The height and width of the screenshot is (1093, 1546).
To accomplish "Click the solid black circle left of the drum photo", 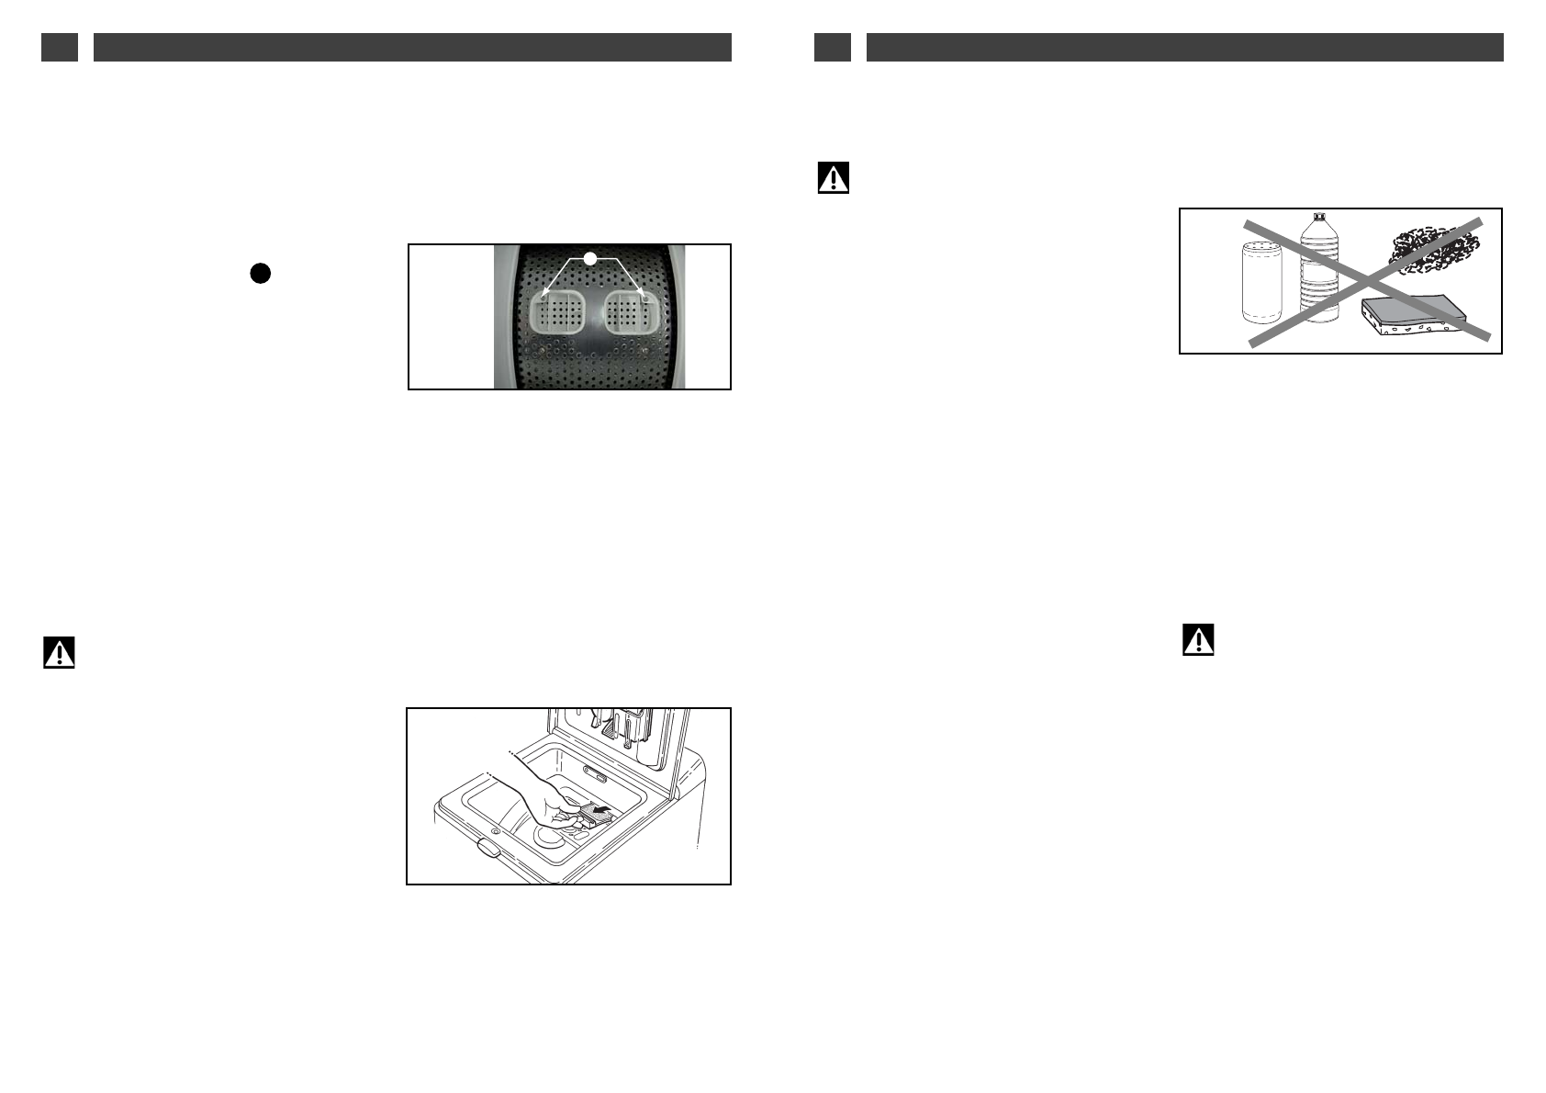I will [x=261, y=273].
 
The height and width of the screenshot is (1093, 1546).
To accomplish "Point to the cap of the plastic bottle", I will [x=1320, y=218].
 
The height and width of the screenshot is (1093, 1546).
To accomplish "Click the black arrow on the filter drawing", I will [x=601, y=811].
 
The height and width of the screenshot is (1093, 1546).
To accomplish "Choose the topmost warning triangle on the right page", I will [x=834, y=178].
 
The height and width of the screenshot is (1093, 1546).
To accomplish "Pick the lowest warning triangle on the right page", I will [x=1198, y=639].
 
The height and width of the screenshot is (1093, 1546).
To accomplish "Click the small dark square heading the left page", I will [x=60, y=48].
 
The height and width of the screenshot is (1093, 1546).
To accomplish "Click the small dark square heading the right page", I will [x=833, y=48].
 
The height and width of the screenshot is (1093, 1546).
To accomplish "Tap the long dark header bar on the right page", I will [x=1184, y=48].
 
